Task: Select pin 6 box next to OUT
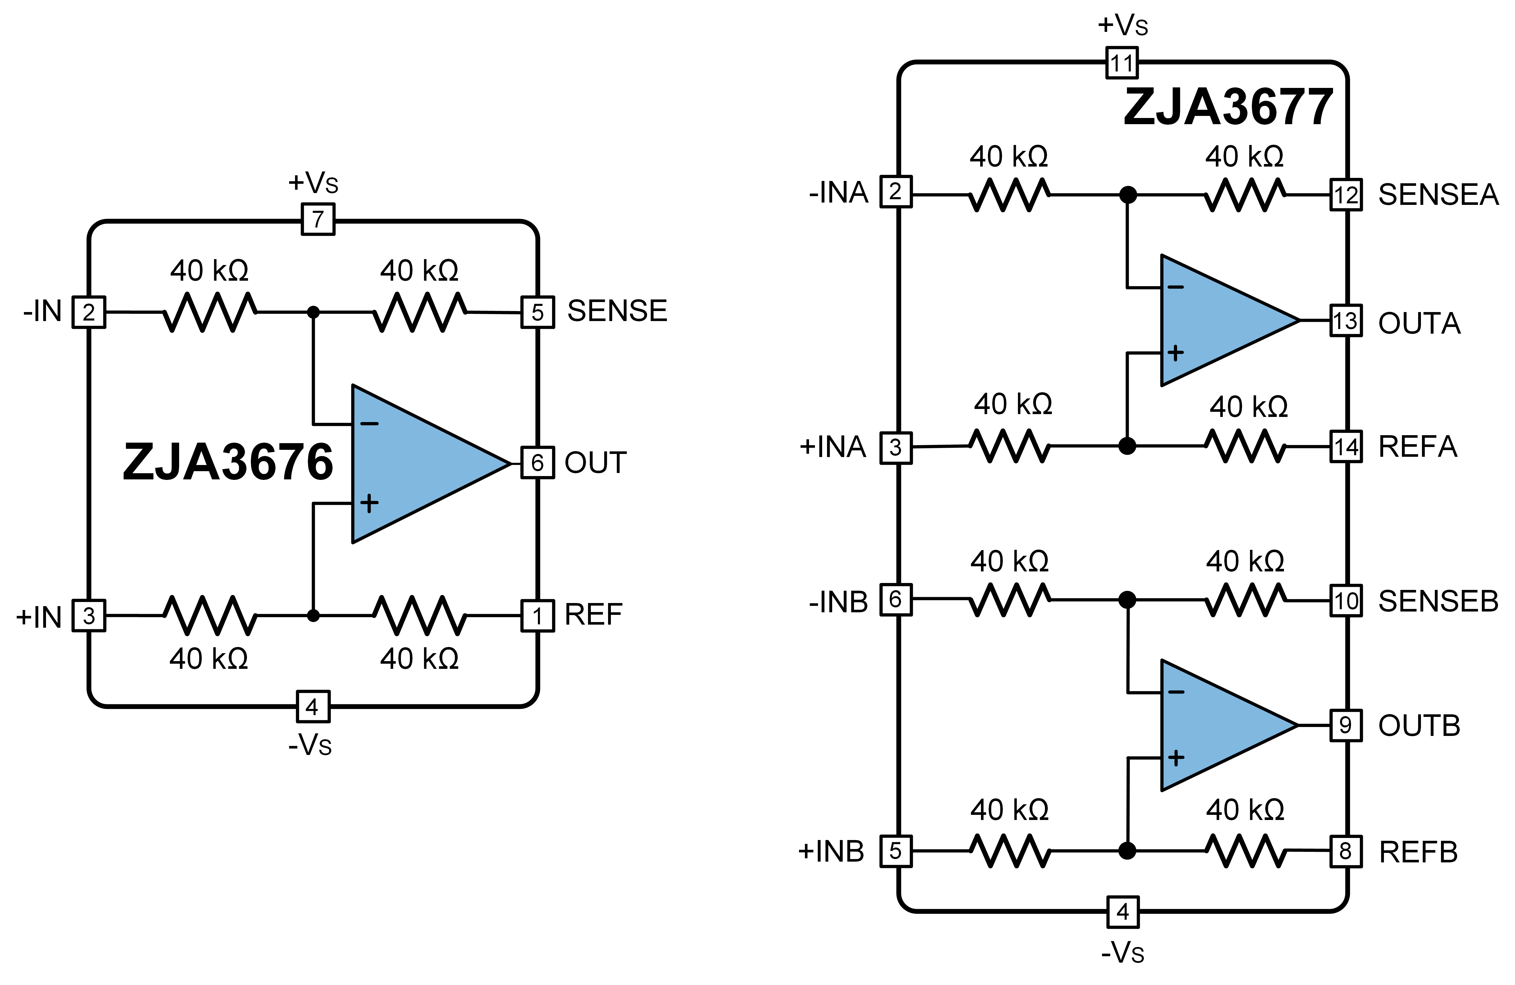tap(537, 463)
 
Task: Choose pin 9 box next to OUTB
tap(1346, 725)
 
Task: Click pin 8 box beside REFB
tap(1346, 851)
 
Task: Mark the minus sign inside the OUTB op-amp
tap(1176, 692)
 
